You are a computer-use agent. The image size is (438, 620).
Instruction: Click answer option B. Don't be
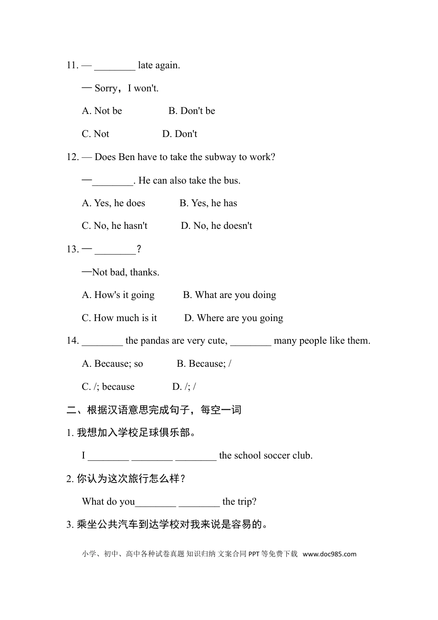(x=191, y=111)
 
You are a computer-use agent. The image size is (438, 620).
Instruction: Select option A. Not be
(x=102, y=111)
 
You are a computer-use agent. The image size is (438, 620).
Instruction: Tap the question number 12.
(x=72, y=157)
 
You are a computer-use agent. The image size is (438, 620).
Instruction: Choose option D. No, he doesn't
(x=216, y=226)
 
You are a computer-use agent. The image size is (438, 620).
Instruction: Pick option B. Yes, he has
(x=208, y=203)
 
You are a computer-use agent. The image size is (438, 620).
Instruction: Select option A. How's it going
(x=118, y=295)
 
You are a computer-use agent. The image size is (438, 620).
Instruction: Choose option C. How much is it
(x=119, y=318)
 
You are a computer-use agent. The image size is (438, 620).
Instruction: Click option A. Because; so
(x=112, y=364)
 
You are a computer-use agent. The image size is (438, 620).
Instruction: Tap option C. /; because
(x=108, y=387)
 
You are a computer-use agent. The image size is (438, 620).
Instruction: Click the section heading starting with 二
(x=154, y=410)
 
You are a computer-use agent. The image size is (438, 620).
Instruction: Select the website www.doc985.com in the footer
(x=329, y=554)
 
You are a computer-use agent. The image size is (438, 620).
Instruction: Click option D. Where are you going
(x=233, y=318)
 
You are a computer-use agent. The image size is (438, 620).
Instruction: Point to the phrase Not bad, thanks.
(x=126, y=273)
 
